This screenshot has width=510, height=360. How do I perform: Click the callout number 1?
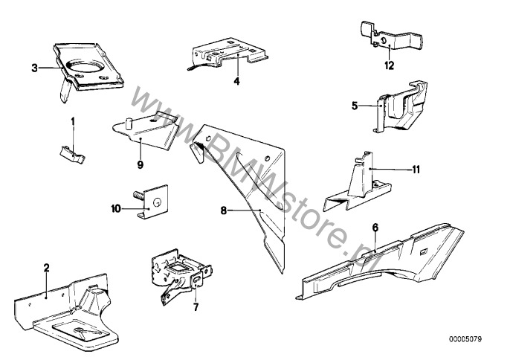point(73,120)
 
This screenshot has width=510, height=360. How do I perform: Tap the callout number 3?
point(34,68)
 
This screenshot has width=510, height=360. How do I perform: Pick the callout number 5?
point(355,106)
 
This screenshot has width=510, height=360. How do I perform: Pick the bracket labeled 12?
point(384,42)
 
